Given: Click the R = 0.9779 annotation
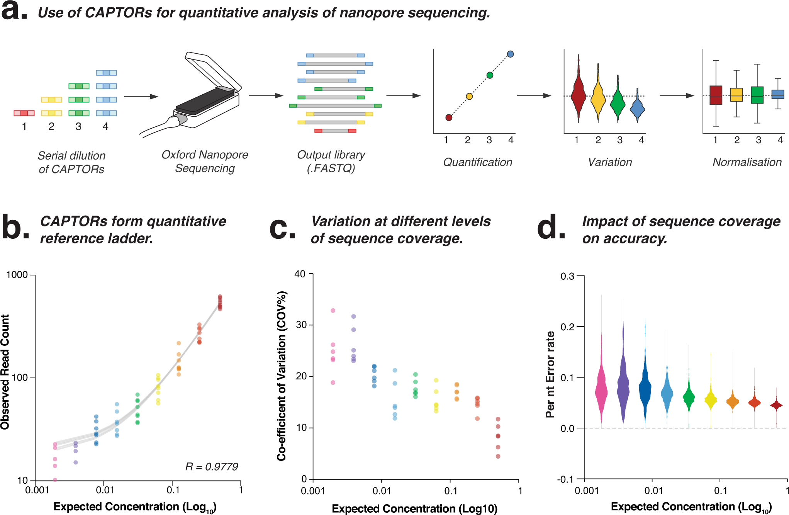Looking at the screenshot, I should (x=212, y=467).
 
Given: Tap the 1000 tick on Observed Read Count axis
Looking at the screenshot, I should (x=17, y=275).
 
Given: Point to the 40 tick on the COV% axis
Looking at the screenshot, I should (x=300, y=274).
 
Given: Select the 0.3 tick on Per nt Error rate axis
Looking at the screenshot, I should (x=567, y=276).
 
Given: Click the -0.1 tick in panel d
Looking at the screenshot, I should (x=565, y=479).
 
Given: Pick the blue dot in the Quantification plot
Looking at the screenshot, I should (x=510, y=54).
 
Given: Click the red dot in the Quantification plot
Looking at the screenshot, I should (x=449, y=117).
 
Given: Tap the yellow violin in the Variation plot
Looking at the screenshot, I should (x=598, y=97).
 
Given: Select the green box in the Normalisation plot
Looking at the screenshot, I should (x=757, y=95).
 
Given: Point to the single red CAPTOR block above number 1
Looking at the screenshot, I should (x=24, y=113).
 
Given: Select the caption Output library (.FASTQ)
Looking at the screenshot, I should (x=331, y=161).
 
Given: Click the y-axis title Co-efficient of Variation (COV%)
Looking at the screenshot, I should (x=282, y=376).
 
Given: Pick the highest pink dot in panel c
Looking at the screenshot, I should (x=333, y=311).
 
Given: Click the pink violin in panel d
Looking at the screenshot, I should (x=601, y=390).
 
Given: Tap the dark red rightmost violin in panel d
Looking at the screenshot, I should (x=776, y=405).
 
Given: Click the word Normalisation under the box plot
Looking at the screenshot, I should (x=747, y=162).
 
